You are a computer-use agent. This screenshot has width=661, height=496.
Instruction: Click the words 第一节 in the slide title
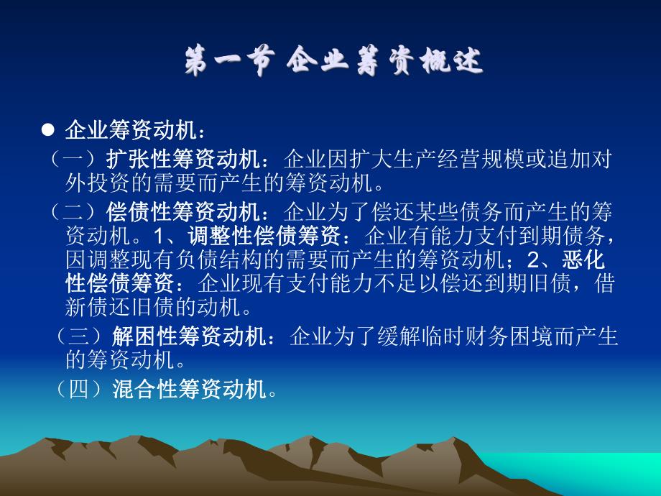point(228,63)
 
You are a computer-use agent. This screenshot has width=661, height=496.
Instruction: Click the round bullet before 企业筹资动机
point(48,129)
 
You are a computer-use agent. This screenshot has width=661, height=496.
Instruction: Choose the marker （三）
point(81,336)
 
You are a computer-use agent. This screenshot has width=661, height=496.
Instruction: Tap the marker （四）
point(81,390)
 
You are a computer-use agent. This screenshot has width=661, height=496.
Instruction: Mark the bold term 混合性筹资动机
point(190,390)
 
